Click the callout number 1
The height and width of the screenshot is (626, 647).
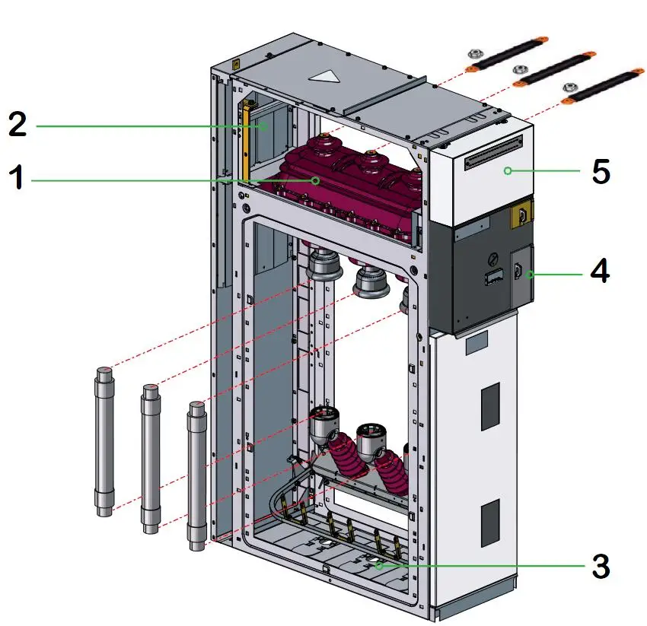[17, 180]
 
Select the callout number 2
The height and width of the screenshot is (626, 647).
[17, 124]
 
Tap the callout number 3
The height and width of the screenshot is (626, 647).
[601, 565]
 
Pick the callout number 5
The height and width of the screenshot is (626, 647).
[601, 172]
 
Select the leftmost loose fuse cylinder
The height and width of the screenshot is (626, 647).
[104, 441]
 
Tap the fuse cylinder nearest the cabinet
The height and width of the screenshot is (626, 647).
[197, 475]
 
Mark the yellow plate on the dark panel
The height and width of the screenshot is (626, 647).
[521, 215]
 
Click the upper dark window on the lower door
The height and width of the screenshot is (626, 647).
[490, 396]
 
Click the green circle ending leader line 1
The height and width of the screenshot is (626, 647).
[315, 180]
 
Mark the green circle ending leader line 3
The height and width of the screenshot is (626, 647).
[378, 565]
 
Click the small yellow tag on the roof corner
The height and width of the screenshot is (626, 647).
[237, 65]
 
